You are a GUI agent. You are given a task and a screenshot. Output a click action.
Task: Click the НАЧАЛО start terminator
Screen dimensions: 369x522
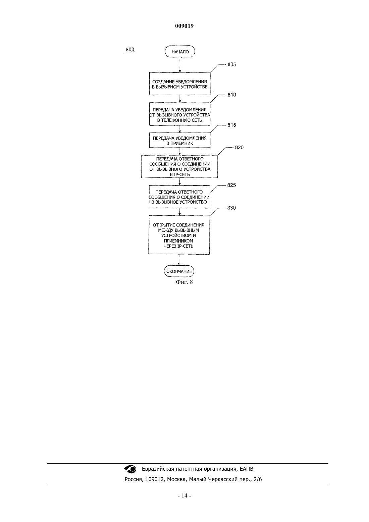tap(180, 52)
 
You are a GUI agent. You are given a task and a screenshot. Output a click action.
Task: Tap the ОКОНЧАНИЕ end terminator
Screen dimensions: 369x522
tap(179, 271)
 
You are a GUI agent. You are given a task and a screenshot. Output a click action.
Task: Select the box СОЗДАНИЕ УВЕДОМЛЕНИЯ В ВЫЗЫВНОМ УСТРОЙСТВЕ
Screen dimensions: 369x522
tap(179, 84)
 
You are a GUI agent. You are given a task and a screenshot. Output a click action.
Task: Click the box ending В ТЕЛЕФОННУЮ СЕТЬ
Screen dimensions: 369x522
tap(179, 114)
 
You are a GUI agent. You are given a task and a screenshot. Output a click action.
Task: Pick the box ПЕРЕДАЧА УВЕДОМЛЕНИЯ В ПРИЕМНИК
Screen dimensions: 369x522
tap(179, 141)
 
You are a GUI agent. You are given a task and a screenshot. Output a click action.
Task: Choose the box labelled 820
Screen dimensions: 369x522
tap(179, 167)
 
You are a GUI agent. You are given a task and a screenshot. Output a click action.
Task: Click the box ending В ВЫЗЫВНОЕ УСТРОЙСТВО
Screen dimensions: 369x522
tap(179, 197)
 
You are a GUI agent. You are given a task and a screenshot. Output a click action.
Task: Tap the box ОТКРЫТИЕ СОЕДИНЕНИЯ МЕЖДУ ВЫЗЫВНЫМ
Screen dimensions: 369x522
tap(179, 235)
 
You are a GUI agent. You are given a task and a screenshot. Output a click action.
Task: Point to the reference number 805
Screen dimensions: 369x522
tap(231, 64)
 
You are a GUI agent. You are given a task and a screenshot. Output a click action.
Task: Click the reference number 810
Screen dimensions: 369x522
tap(231, 95)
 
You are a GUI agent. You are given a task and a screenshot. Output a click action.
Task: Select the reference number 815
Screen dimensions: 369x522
tap(231, 125)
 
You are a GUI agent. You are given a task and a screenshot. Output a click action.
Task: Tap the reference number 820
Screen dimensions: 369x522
tap(239, 148)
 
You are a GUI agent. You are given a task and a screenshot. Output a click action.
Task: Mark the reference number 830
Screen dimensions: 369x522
tap(231, 208)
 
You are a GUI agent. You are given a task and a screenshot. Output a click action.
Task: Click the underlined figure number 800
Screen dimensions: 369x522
tap(130, 50)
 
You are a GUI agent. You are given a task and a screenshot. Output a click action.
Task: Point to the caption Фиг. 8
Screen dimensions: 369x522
tap(184, 282)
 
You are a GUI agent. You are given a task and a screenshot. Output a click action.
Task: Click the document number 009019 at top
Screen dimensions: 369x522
tap(184, 26)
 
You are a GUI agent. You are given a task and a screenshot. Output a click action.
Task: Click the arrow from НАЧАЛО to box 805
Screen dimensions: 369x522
tap(180, 65)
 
